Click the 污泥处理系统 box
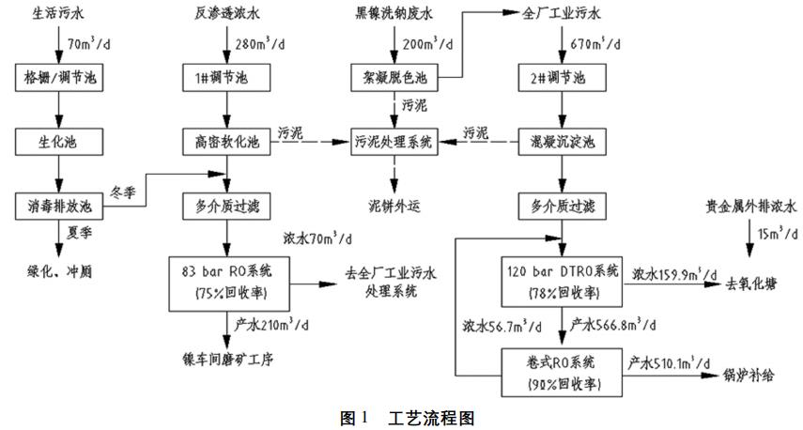394,142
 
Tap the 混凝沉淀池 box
563,142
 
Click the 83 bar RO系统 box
226,281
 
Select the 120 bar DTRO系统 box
563,281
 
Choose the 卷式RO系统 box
563,372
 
